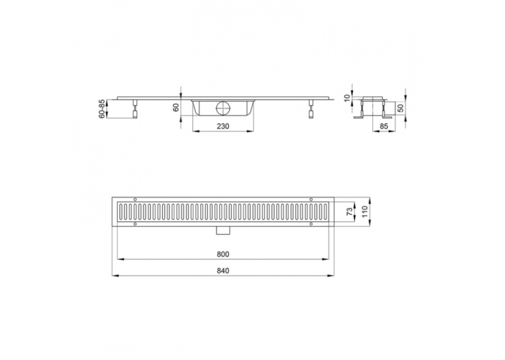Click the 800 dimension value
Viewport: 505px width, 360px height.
(x=223, y=254)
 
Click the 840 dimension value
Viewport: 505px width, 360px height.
(x=223, y=271)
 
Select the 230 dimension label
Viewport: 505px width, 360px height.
(x=223, y=126)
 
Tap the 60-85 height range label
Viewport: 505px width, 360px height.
(x=102, y=109)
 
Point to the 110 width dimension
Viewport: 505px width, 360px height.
(x=364, y=211)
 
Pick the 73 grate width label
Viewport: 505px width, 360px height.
(x=349, y=211)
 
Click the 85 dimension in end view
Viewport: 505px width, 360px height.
(x=384, y=126)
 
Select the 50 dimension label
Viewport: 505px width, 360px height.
(x=401, y=108)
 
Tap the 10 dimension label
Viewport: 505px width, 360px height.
(x=347, y=98)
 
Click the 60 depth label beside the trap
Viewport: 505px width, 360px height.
(x=176, y=108)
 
